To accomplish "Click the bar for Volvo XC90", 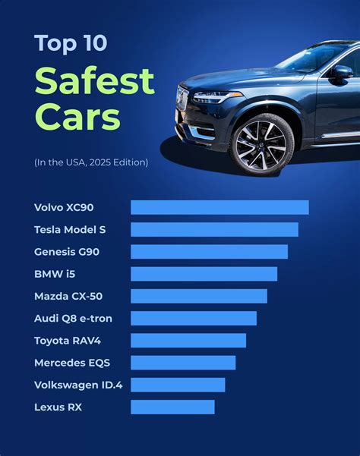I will [219, 207].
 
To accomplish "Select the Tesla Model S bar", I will [214, 229].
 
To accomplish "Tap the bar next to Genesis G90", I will [209, 251].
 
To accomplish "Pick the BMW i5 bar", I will [204, 274].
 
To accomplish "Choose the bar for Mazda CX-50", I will [198, 296].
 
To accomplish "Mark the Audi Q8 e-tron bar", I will [193, 318].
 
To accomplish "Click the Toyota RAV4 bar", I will [188, 340].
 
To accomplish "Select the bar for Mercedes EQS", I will [182, 363].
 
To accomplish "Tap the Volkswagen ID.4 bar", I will [178, 385].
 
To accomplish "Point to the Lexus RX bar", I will [172, 407].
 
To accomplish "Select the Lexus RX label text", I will [58, 407].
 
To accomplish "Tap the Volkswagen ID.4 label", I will [77, 385].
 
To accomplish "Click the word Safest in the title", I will [94, 81].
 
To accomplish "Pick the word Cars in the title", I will [77, 118].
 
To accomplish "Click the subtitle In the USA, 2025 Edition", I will [90, 162].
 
